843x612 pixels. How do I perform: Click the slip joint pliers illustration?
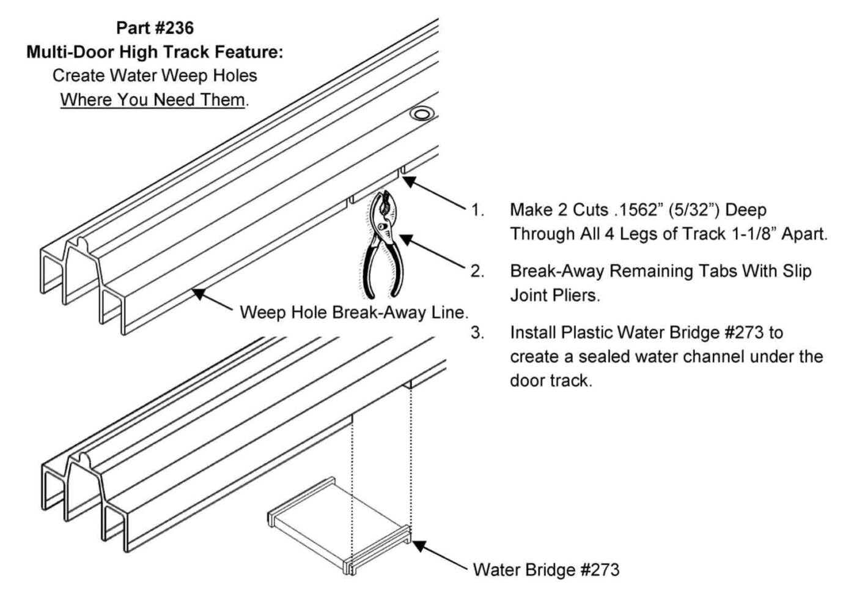click(383, 245)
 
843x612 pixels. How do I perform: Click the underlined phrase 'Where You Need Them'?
click(153, 100)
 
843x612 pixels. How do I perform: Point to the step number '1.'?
click(477, 211)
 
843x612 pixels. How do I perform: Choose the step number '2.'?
click(477, 271)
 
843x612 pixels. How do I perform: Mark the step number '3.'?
click(477, 333)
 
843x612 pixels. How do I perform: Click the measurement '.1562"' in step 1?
click(636, 210)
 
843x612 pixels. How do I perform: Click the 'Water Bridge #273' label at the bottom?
click(546, 570)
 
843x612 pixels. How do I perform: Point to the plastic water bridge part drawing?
click(339, 526)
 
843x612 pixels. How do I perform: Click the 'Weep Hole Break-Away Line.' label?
click(354, 313)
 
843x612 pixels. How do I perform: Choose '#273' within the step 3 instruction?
click(744, 333)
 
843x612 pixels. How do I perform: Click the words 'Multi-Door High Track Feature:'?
click(155, 52)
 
